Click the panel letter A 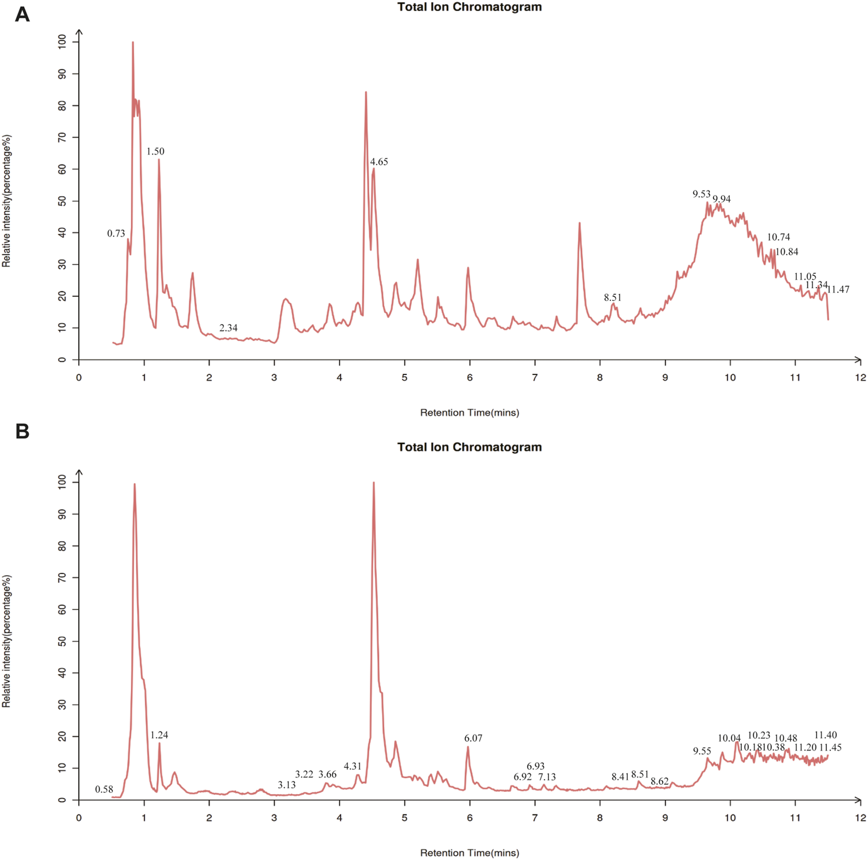pyautogui.click(x=22, y=14)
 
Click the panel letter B pyautogui.click(x=22, y=432)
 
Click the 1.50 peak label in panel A pyautogui.click(x=155, y=152)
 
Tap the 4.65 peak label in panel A pyautogui.click(x=379, y=162)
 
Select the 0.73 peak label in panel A pyautogui.click(x=116, y=234)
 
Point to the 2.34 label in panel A pyautogui.click(x=228, y=328)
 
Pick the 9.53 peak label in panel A pyautogui.click(x=701, y=194)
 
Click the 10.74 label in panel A pyautogui.click(x=778, y=237)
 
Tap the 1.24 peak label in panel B pyautogui.click(x=159, y=735)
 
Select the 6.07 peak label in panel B pyautogui.click(x=473, y=738)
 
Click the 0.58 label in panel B pyautogui.click(x=104, y=789)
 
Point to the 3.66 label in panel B pyautogui.click(x=328, y=775)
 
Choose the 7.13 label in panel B pyautogui.click(x=547, y=777)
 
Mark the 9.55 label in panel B pyautogui.click(x=702, y=751)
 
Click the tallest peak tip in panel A pyautogui.click(x=133, y=42)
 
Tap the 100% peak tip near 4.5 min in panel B pyautogui.click(x=374, y=483)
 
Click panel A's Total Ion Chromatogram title pyautogui.click(x=469, y=8)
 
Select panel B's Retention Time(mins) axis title pyautogui.click(x=469, y=852)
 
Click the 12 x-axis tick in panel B pyautogui.click(x=860, y=818)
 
